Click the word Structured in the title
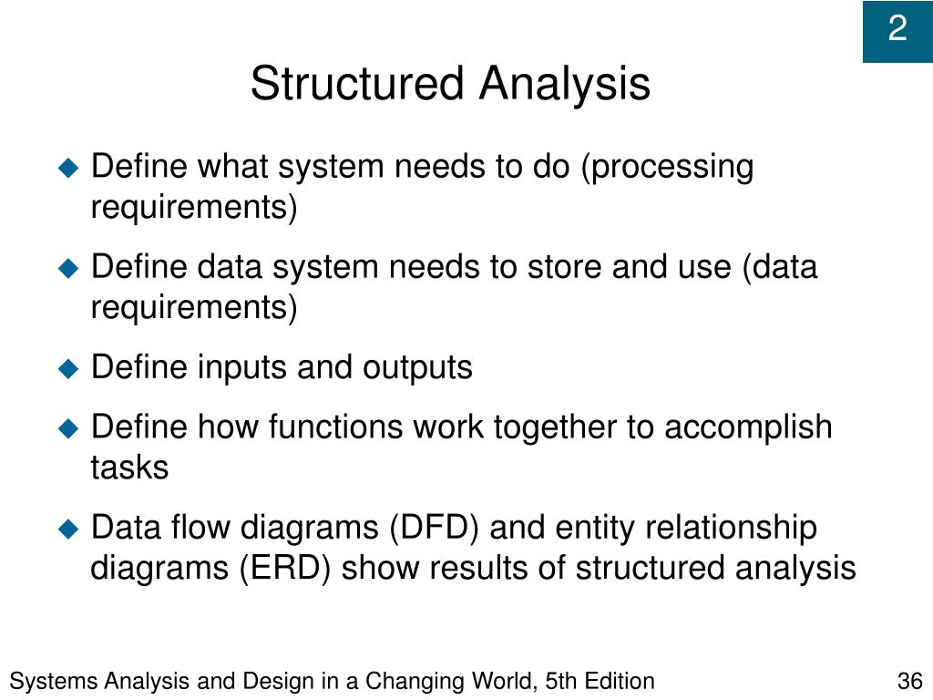(358, 84)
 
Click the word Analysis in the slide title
(565, 84)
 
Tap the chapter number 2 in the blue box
(897, 30)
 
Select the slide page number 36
(910, 681)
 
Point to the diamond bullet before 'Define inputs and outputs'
(69, 368)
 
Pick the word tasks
(128, 467)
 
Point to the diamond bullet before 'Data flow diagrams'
(69, 527)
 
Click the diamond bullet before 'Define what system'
(69, 168)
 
